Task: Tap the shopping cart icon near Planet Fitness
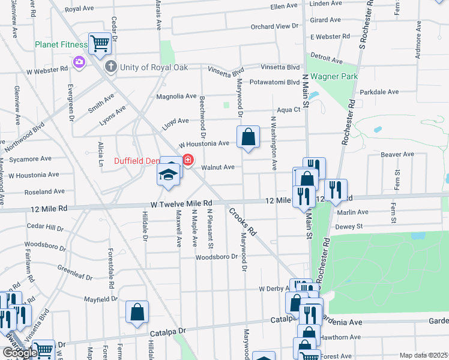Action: (100, 43)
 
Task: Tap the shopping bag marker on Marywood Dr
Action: (248, 137)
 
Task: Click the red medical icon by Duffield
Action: (188, 160)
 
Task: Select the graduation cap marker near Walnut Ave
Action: (169, 175)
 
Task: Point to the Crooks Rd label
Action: (243, 221)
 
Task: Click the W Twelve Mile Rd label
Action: (182, 204)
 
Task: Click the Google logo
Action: (19, 353)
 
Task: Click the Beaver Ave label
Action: (397, 154)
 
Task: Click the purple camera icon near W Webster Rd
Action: (78, 62)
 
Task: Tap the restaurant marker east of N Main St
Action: (336, 190)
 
